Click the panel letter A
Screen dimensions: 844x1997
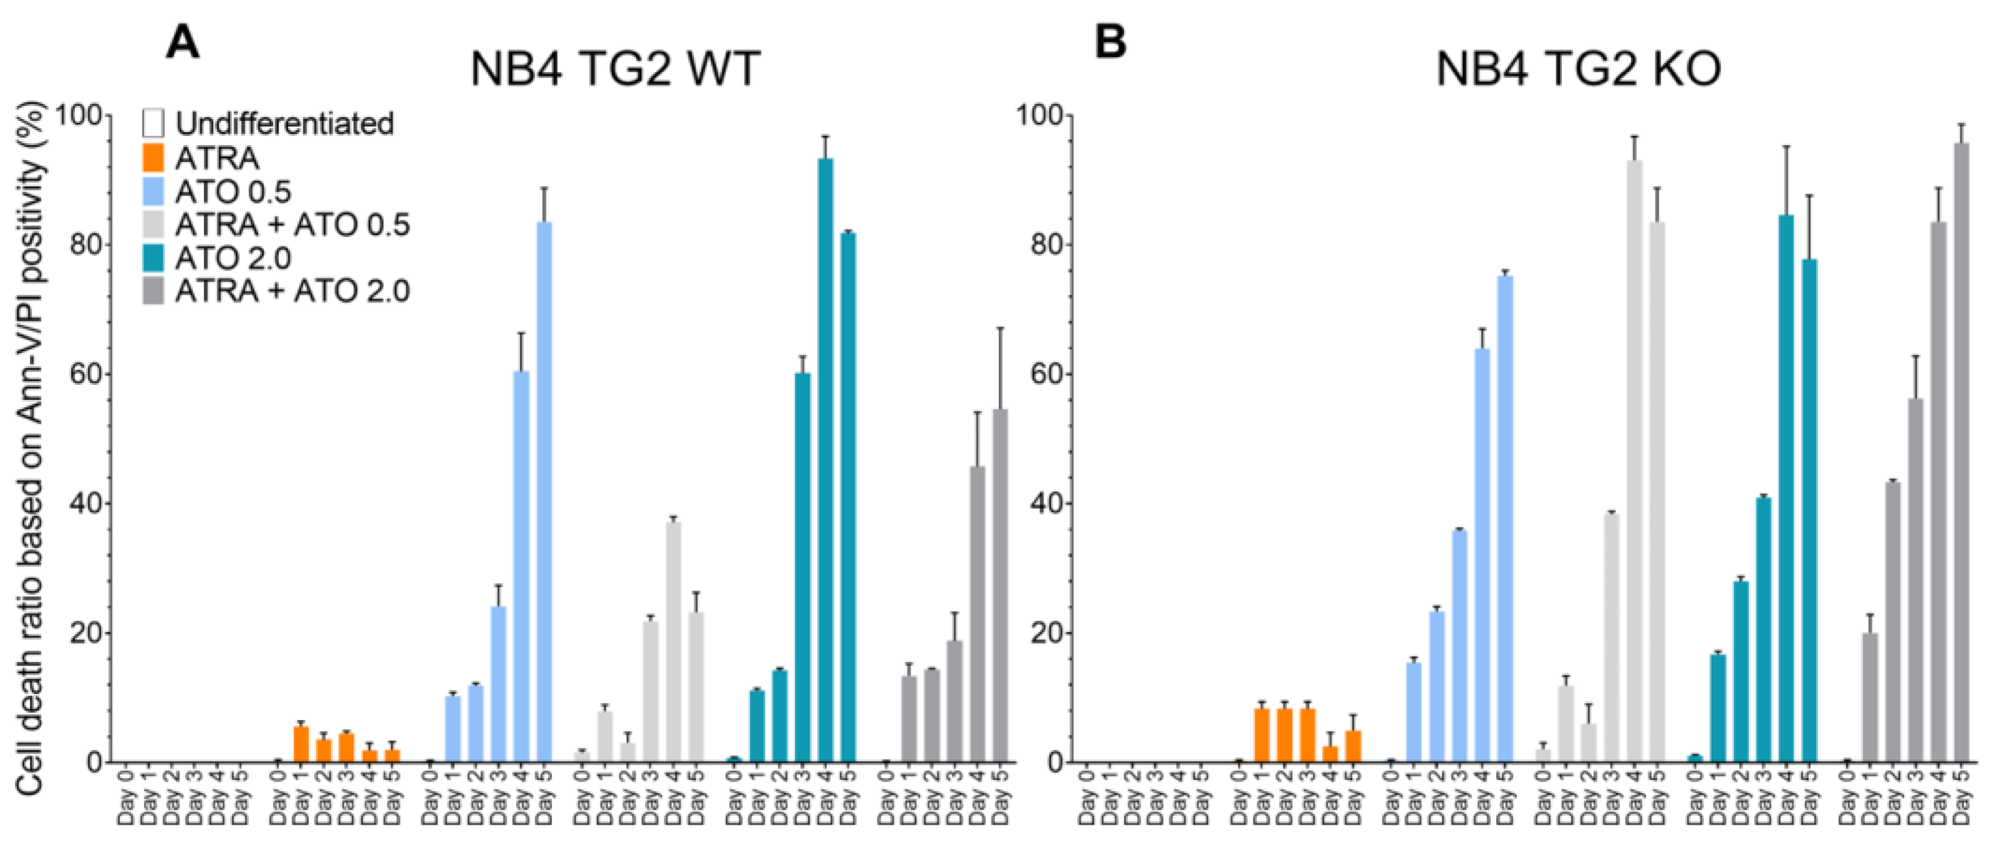pos(183,42)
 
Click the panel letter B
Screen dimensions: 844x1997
pos(1109,42)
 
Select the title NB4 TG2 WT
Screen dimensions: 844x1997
pos(615,70)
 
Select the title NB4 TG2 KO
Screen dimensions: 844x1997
pos(1578,70)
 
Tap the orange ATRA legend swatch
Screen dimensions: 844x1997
pos(153,158)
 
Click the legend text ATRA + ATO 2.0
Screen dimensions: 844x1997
pos(292,292)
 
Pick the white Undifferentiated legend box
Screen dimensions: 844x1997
pos(153,124)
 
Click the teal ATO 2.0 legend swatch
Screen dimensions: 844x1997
pos(153,258)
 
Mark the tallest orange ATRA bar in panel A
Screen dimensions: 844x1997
pos(302,743)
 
